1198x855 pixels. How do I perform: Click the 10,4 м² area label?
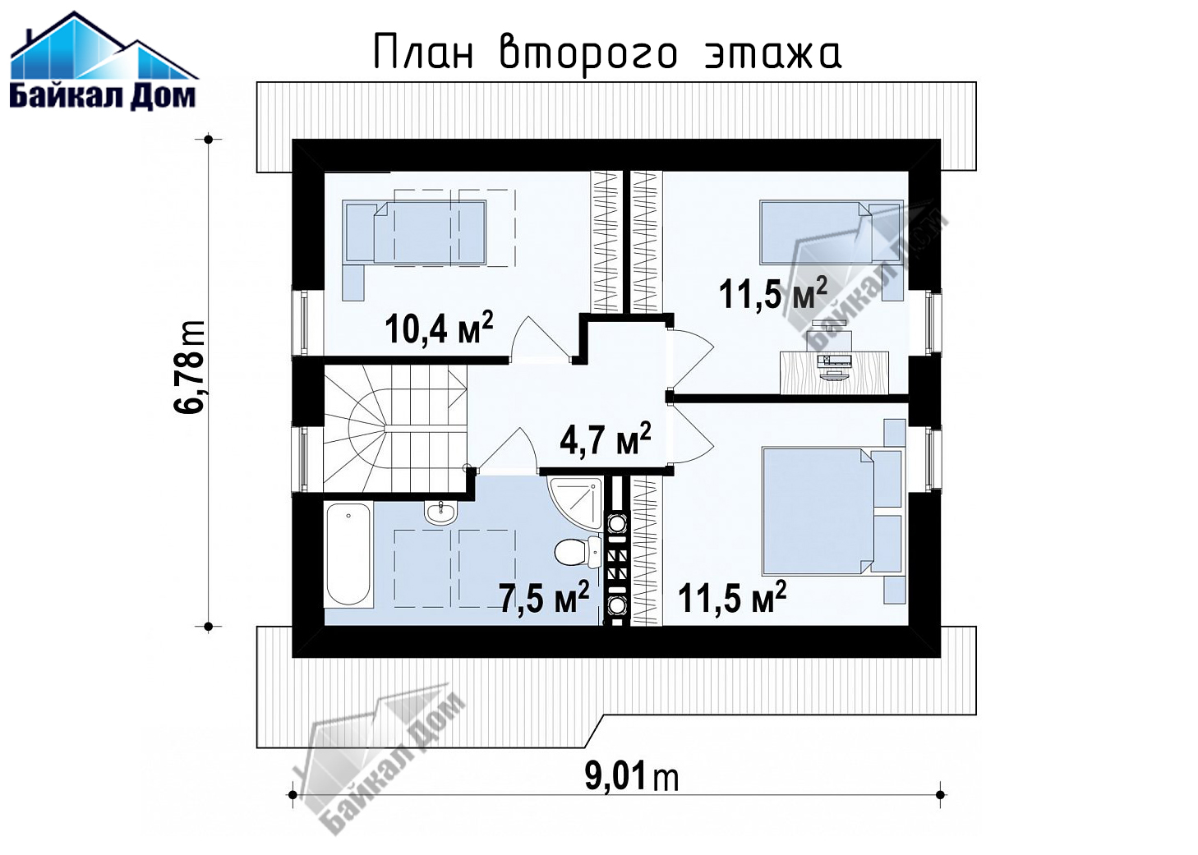[x=439, y=328]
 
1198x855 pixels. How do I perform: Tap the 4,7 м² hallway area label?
[x=606, y=439]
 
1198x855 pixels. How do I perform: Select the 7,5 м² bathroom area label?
[x=545, y=597]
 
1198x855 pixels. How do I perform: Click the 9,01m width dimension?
[x=632, y=776]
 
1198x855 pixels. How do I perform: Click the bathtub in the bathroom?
[x=348, y=554]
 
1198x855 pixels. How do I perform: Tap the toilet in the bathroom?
[x=578, y=551]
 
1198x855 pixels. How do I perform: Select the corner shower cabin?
[x=575, y=503]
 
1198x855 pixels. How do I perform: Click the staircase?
[x=395, y=428]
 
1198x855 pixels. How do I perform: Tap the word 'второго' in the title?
[x=588, y=53]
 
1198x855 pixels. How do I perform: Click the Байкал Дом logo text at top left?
[x=103, y=97]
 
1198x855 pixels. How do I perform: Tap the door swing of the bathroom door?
[x=508, y=450]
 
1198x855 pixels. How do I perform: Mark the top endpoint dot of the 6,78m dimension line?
[x=209, y=140]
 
